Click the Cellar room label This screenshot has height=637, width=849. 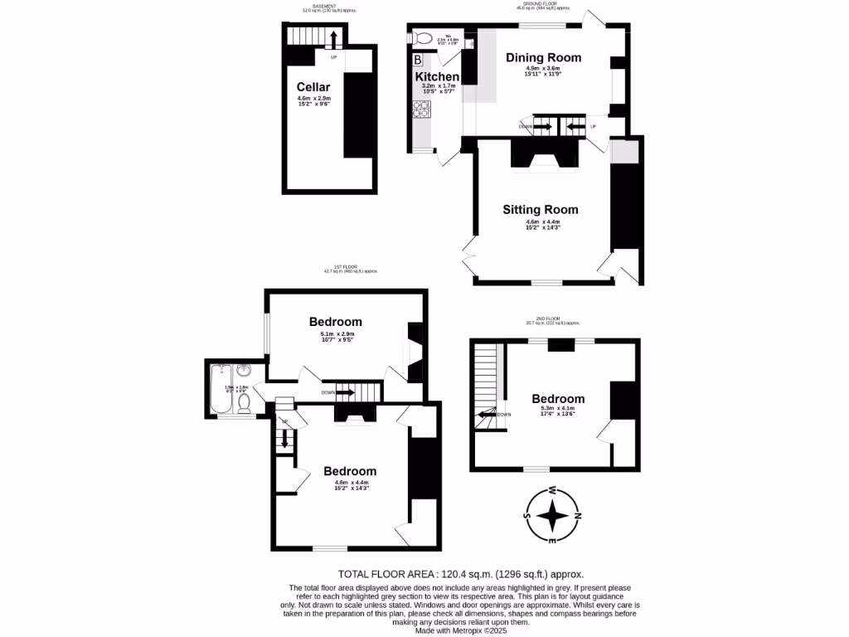[x=313, y=87]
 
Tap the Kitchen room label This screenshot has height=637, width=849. [x=437, y=76]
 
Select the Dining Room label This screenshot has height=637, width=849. [x=543, y=57]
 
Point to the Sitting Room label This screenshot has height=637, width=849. [x=541, y=209]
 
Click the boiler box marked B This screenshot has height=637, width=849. [x=418, y=60]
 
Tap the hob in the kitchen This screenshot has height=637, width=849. [x=421, y=108]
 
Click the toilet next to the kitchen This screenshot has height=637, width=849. [x=422, y=38]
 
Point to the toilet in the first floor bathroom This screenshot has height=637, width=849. [x=244, y=403]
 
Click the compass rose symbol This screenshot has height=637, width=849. [x=551, y=515]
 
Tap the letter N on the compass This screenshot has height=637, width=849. [x=578, y=516]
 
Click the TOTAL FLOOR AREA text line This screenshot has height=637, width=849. [x=461, y=574]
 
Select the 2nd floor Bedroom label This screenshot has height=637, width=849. [x=558, y=398]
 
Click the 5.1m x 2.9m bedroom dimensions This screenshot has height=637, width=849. [x=336, y=335]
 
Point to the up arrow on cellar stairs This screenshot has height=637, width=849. [x=332, y=40]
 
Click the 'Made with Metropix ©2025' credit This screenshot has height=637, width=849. [x=460, y=630]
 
